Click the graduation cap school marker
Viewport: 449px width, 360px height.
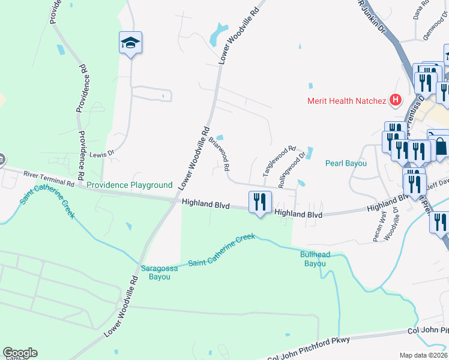click(130, 43)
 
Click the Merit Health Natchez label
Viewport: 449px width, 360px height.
click(346, 100)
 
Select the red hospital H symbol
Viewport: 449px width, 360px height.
click(395, 100)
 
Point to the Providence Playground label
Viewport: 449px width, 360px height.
click(129, 185)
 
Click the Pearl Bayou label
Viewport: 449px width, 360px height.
click(346, 163)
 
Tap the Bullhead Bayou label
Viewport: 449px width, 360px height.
click(315, 259)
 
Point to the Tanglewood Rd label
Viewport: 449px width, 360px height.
click(280, 161)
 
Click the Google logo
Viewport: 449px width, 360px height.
click(20, 353)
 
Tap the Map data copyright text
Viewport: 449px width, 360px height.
click(424, 355)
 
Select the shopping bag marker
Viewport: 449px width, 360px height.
click(440, 146)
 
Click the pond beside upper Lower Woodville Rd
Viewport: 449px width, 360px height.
click(217, 35)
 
